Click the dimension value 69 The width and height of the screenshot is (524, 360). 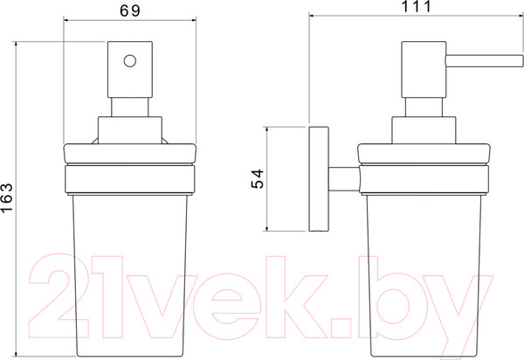130,11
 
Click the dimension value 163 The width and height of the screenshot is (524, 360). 6,197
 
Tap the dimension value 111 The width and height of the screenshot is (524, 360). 416,6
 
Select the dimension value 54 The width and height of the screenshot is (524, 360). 258,179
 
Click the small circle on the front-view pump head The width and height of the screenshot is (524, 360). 130,61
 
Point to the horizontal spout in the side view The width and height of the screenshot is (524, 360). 484,61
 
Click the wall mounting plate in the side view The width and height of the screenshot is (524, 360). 319,179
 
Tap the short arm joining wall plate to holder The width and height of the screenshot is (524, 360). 344,179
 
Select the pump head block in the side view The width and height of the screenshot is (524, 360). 424,70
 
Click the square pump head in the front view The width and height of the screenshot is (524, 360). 130,70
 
